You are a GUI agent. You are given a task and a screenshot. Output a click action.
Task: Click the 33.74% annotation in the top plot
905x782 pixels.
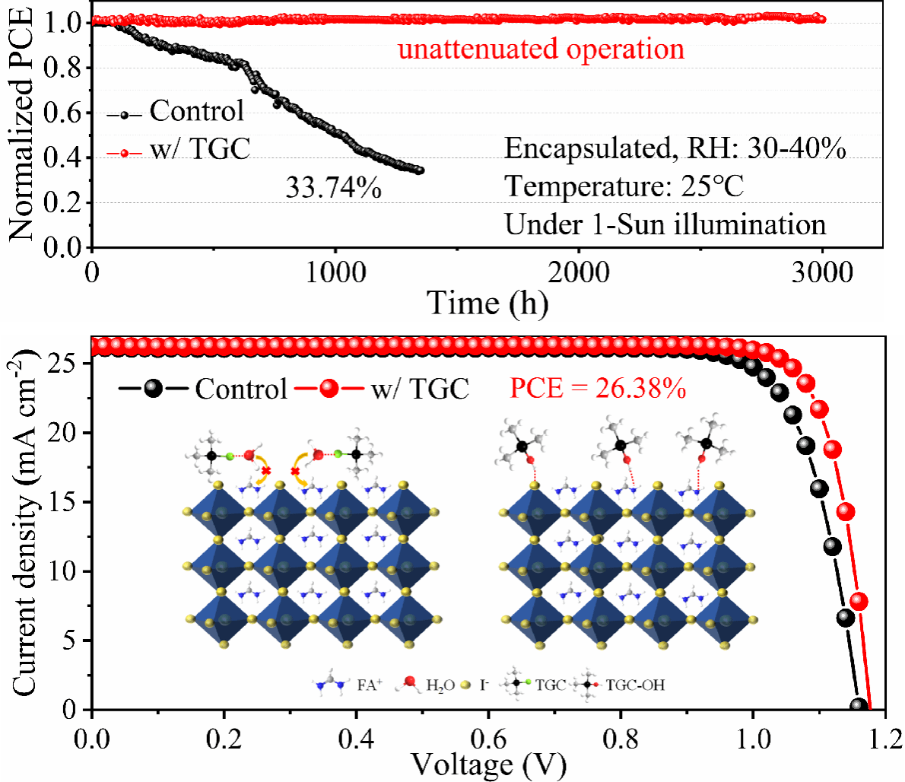333,187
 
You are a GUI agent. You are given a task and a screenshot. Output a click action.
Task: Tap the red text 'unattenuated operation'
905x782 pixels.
541,49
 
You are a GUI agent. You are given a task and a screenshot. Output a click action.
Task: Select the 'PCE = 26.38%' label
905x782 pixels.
598,389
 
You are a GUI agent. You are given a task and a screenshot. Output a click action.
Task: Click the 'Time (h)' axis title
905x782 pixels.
487,304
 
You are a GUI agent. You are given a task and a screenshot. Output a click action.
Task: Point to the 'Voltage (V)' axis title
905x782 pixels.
488,764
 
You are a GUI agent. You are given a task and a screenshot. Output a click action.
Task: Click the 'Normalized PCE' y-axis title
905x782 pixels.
21,126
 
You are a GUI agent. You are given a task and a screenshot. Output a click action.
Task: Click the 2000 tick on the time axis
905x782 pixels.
578,272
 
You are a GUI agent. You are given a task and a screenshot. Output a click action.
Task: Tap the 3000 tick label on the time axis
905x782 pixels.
821,272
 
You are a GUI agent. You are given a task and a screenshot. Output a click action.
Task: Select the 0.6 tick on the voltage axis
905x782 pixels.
488,737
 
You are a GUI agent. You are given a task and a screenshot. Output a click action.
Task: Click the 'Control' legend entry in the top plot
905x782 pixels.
196,111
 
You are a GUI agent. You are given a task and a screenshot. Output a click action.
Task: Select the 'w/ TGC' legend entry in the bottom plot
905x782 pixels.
419,389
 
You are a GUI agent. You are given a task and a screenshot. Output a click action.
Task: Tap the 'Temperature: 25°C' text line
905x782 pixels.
624,186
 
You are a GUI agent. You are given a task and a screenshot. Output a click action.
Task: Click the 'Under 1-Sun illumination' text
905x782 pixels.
665,224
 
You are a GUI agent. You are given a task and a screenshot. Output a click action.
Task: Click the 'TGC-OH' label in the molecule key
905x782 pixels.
635,685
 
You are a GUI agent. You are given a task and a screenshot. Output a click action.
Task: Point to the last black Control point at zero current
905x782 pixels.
859,707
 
